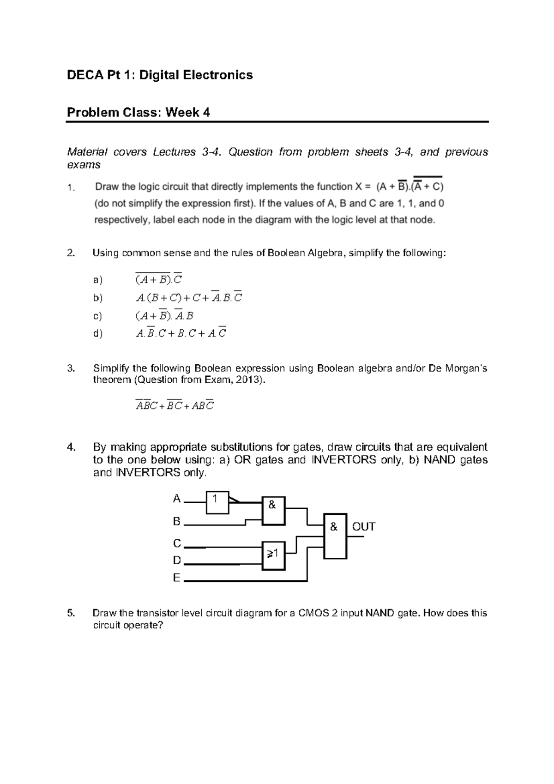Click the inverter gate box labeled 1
tap(217, 502)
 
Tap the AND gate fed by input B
tap(273, 511)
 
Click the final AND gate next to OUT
tap(335, 536)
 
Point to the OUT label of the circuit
tap(364, 527)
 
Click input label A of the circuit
tap(176, 499)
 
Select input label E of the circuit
tap(176, 578)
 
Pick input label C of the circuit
tap(177, 543)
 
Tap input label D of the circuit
tap(177, 561)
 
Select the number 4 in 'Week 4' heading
tap(206, 112)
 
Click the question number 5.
tap(70, 613)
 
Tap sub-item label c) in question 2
tap(97, 316)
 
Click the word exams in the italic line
tap(84, 165)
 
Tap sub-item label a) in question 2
tap(97, 280)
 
